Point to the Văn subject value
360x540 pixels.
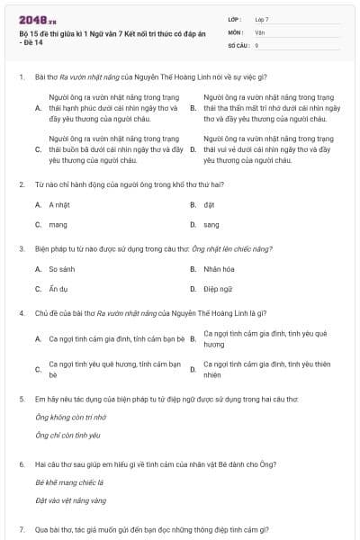coord(259,31)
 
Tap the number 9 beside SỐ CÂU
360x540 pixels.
coord(256,44)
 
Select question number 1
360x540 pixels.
coord(21,77)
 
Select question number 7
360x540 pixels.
coord(21,530)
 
